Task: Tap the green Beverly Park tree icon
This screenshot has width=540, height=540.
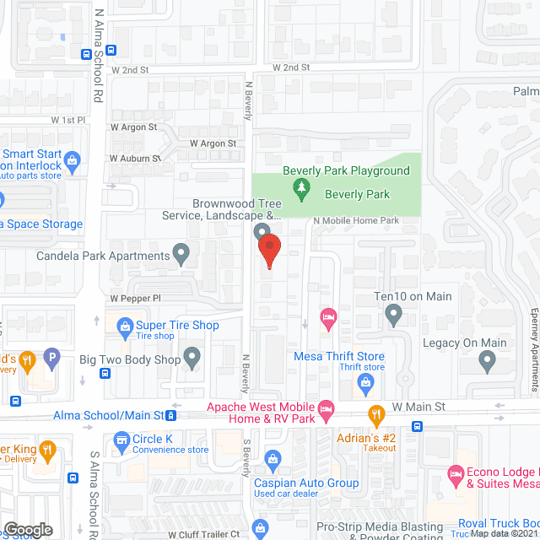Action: click(x=299, y=187)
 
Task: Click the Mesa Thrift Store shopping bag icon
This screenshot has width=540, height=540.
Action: click(x=364, y=383)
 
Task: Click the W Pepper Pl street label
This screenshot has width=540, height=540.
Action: click(x=135, y=299)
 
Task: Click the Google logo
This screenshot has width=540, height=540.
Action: click(x=28, y=529)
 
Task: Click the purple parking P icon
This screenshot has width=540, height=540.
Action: click(x=52, y=358)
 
